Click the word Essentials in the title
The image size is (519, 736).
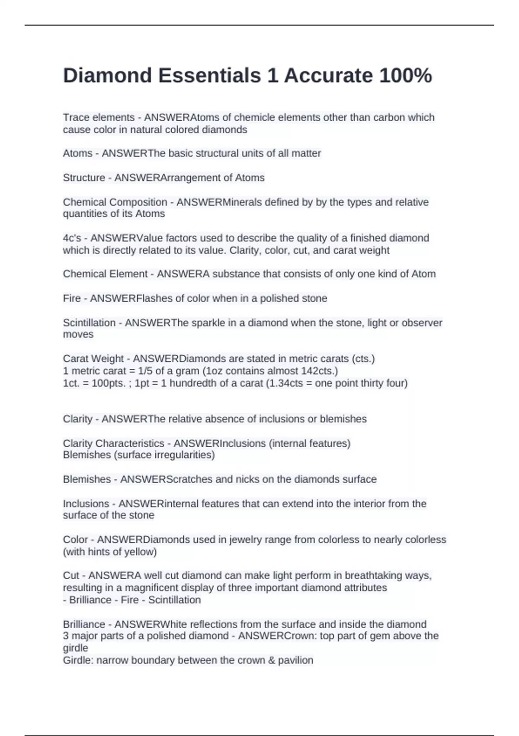[x=209, y=75]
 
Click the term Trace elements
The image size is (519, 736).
[x=99, y=117]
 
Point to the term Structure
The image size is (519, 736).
[x=84, y=178]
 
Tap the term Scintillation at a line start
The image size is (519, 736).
[x=89, y=323]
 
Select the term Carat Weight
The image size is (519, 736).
[x=93, y=358]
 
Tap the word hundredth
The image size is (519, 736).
[x=193, y=383]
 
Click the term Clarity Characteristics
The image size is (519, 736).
[x=113, y=443]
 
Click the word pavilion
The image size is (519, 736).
[x=297, y=660]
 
